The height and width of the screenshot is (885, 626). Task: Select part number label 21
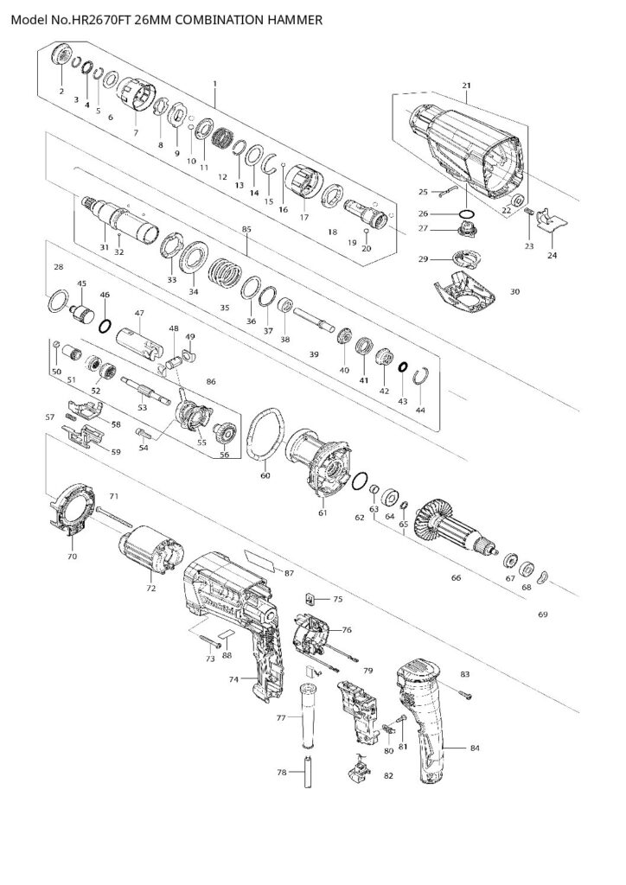(x=467, y=86)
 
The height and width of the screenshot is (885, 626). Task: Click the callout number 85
(x=247, y=229)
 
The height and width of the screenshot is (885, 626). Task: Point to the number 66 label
(x=456, y=578)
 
